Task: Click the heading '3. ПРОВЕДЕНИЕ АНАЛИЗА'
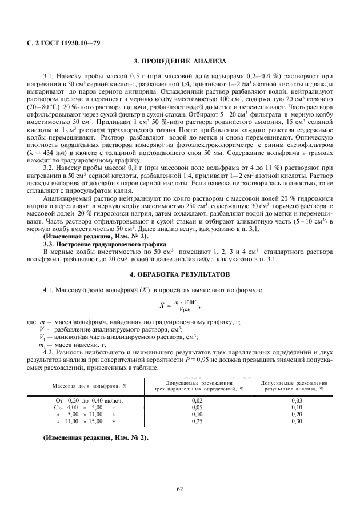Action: tap(179, 61)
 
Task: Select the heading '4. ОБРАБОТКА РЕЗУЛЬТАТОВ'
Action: tap(179, 274)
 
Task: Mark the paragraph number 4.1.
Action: tap(50, 290)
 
